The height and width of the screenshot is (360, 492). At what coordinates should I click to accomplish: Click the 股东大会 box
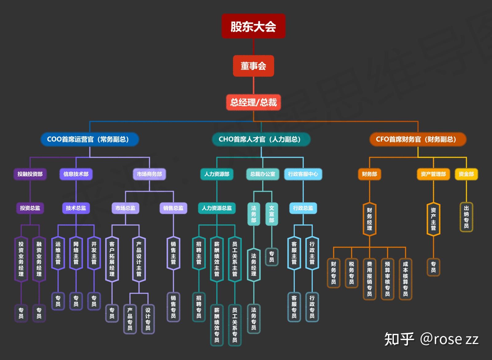point(254,26)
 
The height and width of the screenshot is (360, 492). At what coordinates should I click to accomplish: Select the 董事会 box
point(254,66)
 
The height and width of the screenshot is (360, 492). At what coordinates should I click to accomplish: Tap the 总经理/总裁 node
point(254,102)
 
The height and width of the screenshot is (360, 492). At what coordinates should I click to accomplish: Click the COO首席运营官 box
point(90,139)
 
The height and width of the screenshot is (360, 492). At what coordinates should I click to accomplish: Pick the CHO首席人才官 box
point(261,139)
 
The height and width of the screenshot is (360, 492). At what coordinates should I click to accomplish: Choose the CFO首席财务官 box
point(418,139)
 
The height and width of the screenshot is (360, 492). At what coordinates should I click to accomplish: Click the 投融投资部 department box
point(30,174)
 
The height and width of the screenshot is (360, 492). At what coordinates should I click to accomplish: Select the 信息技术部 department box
point(76,174)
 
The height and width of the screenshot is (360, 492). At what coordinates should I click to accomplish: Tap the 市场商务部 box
point(149,174)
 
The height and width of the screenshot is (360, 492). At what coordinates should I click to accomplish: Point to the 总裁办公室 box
point(263,174)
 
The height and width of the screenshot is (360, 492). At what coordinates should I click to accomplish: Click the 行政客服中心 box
point(303,174)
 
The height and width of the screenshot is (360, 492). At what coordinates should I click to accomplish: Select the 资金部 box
point(466,174)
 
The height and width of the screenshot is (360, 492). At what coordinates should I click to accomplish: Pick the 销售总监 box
point(173,208)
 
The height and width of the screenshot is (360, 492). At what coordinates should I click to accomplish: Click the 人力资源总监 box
point(217,208)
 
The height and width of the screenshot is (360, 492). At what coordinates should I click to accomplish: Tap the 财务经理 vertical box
point(370,219)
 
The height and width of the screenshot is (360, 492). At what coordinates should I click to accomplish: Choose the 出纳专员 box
point(466,217)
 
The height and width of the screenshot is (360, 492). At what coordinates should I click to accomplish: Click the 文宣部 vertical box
point(272,214)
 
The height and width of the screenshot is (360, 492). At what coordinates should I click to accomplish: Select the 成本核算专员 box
point(406,279)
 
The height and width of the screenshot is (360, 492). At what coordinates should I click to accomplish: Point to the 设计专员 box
point(148,319)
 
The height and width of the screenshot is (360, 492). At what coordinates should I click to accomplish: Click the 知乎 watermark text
point(399,339)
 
